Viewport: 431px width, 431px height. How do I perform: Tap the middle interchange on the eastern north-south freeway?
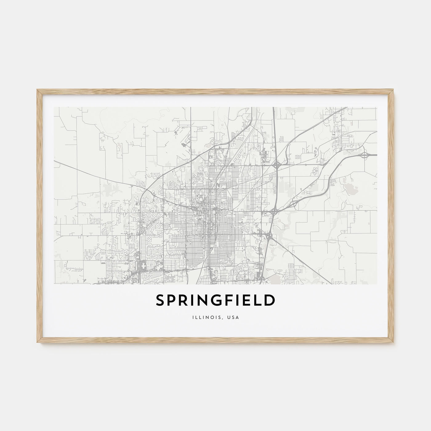pyautogui.click(x=273, y=211)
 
